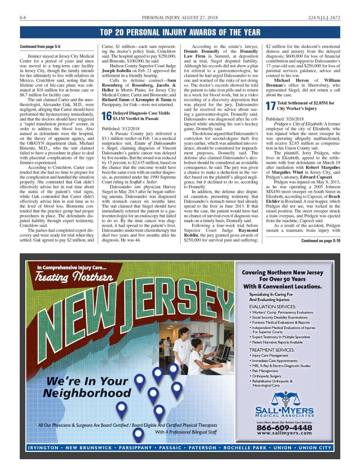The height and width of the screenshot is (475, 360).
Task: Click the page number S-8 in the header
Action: (x=23, y=18)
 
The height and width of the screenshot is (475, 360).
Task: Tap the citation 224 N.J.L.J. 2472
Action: (x=324, y=18)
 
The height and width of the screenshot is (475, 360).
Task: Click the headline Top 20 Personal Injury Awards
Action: (x=180, y=32)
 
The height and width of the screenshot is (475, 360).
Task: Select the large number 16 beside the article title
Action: (x=106, y=116)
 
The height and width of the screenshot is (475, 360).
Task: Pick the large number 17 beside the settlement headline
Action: (x=271, y=106)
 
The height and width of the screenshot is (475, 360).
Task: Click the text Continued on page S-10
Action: (x=320, y=241)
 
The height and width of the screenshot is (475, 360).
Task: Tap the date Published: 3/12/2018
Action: (x=121, y=129)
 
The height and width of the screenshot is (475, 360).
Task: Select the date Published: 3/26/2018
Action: (x=285, y=119)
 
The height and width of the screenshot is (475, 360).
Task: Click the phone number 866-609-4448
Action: (x=284, y=427)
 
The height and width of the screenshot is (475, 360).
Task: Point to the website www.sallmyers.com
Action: (x=284, y=433)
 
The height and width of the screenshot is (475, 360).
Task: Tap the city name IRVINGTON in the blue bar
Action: (x=43, y=448)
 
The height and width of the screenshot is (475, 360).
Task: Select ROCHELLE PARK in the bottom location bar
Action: (x=245, y=448)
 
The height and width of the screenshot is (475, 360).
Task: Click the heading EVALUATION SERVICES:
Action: (x=272, y=307)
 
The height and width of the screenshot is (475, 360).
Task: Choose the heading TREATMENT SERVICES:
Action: (x=272, y=350)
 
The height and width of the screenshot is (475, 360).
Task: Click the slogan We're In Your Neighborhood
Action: (x=87, y=387)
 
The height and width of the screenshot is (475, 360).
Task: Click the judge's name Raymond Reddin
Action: (x=248, y=233)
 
